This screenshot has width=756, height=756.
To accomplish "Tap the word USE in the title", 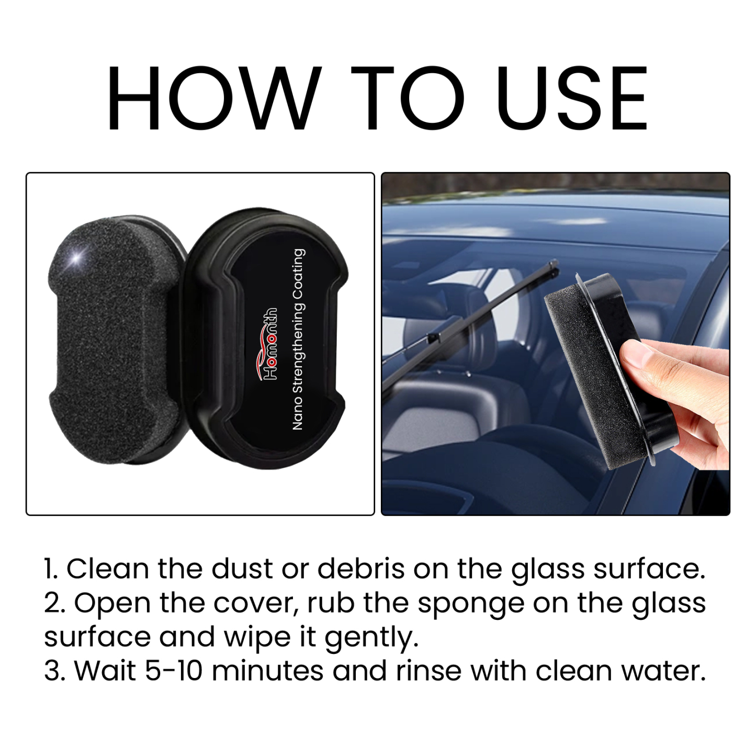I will tap(573, 98).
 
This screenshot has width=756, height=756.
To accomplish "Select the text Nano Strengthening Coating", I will tap(298, 339).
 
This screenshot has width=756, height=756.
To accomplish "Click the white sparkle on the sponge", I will tap(77, 258).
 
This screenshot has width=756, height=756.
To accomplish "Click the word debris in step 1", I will tap(360, 569).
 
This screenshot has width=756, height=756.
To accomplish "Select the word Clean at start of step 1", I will tap(107, 569).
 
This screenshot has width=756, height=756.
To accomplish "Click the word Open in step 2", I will tap(112, 603).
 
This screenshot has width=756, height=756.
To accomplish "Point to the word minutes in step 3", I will tap(267, 671).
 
